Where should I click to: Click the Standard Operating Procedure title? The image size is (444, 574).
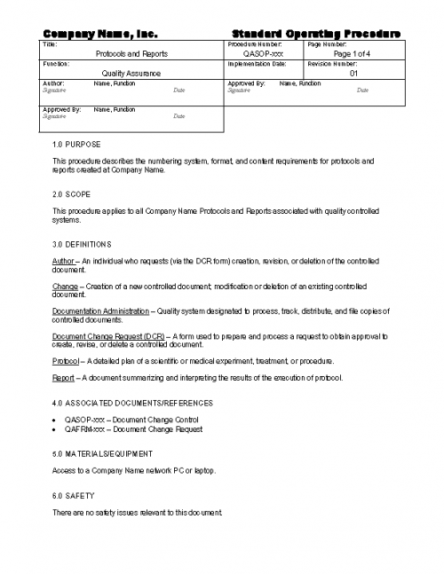point(315,34)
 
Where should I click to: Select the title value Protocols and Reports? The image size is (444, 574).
point(131,54)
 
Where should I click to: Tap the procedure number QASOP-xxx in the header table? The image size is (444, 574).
point(263,54)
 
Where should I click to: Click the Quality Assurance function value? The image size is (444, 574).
point(131,74)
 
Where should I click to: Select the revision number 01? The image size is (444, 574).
point(353,74)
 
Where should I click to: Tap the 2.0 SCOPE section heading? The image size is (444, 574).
point(72,193)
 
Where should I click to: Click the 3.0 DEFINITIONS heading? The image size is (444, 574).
point(82,243)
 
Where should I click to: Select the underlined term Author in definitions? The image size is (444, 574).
point(64,261)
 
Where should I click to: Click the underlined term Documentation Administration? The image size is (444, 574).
point(101,311)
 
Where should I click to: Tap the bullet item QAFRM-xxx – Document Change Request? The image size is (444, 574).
point(133,429)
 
